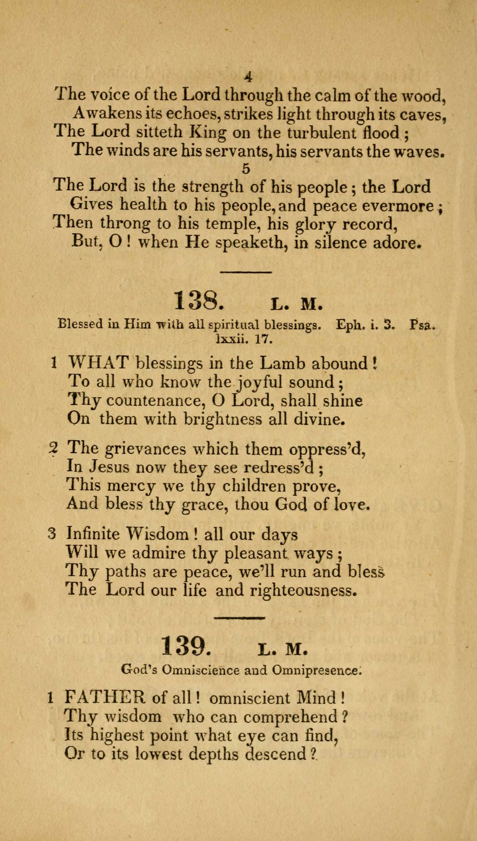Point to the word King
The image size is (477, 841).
pos(208,132)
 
